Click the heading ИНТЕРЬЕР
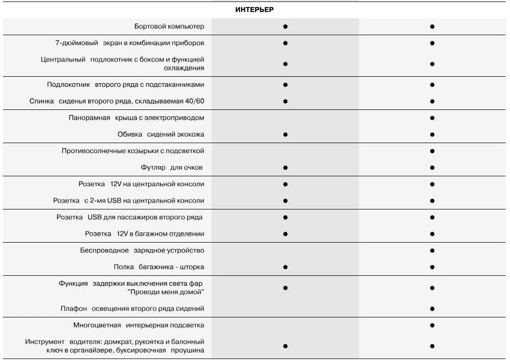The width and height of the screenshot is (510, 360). (254, 9)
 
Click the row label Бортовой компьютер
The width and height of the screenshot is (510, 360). (169, 26)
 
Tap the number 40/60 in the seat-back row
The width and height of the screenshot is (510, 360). (193, 101)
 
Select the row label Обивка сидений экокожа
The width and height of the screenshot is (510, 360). (161, 134)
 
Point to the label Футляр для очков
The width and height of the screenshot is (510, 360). (171, 167)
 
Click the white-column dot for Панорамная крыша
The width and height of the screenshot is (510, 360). (432, 118)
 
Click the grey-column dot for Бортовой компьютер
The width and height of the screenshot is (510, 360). (285, 26)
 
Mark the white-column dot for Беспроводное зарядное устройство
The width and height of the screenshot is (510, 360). (432, 251)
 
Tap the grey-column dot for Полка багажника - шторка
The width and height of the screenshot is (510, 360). (285, 267)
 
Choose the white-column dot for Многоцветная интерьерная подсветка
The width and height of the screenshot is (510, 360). (432, 325)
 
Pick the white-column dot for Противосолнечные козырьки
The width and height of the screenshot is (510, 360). (432, 151)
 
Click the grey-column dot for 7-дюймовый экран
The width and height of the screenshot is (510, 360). (285, 43)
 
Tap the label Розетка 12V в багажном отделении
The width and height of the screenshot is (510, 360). (144, 234)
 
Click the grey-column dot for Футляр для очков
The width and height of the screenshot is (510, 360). (285, 167)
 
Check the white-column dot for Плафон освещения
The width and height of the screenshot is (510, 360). (432, 309)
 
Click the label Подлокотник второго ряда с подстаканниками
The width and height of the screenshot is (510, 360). (125, 85)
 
